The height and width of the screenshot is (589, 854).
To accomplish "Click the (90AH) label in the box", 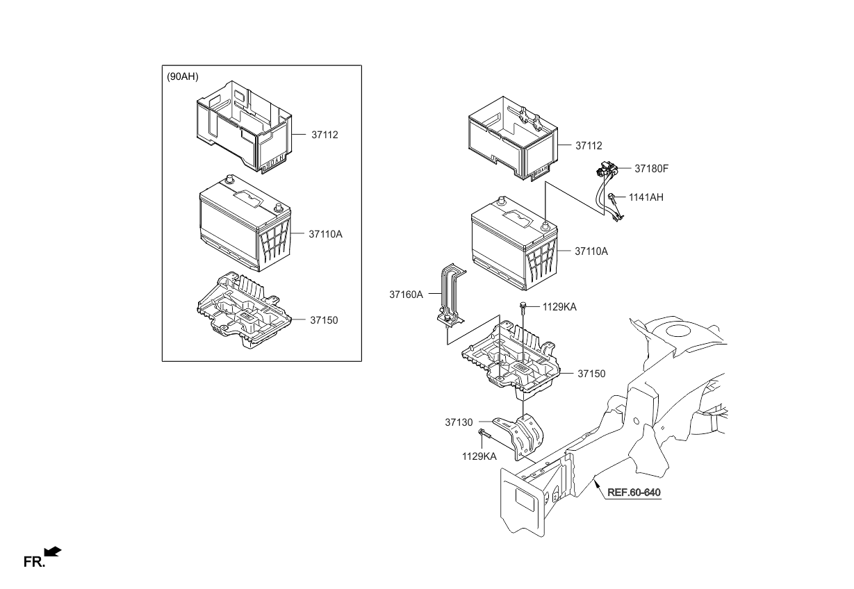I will pos(182,77).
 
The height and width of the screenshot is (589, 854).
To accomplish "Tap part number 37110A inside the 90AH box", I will pos(325,234).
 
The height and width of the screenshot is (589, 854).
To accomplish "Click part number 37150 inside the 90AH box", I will pos(323,320).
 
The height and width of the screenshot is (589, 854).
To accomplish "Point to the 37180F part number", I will pos(651,168).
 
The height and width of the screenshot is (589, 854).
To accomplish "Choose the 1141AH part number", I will pos(646,197).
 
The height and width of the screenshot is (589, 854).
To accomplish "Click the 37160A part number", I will pos(406,294).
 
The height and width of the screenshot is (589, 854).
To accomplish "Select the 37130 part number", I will pos(459,422).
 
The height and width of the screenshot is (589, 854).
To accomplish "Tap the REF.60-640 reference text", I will pos(634,492).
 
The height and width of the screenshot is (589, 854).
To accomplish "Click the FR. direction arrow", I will pos(52,551).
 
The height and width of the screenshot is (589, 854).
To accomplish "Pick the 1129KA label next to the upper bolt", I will pos(559,306).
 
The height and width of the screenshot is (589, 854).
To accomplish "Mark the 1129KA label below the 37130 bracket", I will pos(479,456).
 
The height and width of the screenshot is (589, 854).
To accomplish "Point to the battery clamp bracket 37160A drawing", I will pos(450,295).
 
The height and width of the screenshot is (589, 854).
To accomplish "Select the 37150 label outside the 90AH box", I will pos(591,374).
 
